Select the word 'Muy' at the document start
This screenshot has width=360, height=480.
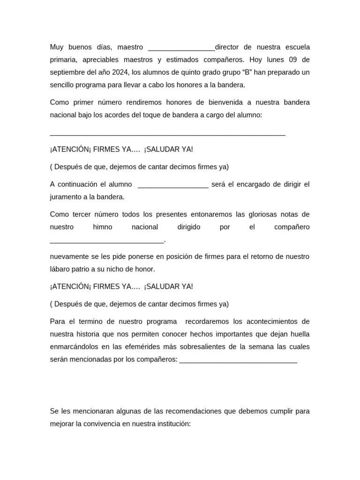click(x=56, y=47)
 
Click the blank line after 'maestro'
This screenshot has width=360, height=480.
click(x=181, y=48)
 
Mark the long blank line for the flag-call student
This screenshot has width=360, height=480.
click(x=167, y=134)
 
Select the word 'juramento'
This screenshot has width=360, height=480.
click(x=65, y=197)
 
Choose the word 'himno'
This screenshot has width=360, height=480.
click(x=103, y=227)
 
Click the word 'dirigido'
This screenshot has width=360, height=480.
click(x=188, y=227)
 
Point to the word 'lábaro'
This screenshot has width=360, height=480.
click(x=60, y=269)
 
